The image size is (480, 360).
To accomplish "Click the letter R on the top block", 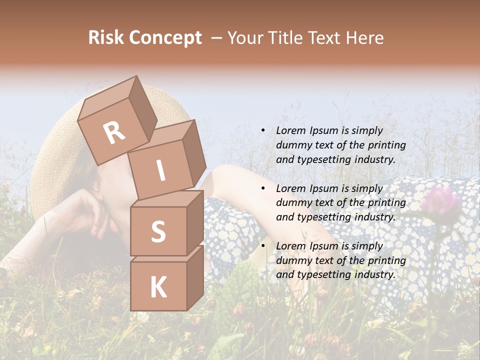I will (114, 133).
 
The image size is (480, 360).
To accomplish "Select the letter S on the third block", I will (158, 231).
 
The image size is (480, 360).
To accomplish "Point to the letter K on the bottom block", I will (158, 287).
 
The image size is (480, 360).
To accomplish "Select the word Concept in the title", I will (165, 38).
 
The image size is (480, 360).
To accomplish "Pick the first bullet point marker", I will (263, 131).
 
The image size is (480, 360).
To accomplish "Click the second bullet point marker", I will (263, 188).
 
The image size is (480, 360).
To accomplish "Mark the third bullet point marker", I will (263, 246).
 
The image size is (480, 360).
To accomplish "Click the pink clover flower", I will (440, 199).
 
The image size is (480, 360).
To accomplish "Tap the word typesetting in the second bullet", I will (319, 217).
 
